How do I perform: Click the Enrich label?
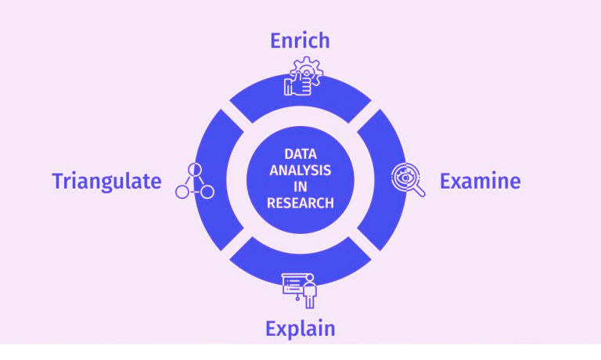pos(300,41)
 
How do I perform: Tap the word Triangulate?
pos(106,182)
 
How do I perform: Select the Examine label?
pos(480,182)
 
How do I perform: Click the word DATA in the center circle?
pos(300,153)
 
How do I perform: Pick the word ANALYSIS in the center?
pos(300,170)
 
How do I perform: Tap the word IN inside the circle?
pos(300,186)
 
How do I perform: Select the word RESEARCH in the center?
pos(300,203)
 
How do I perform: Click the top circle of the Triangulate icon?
pos(194,169)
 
